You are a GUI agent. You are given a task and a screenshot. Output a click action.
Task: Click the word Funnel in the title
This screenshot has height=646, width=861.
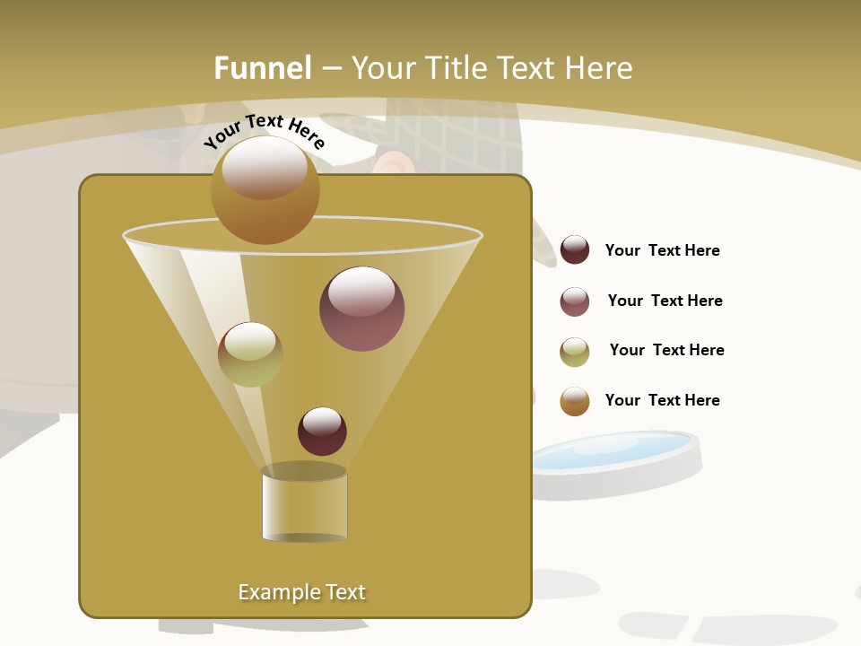262,68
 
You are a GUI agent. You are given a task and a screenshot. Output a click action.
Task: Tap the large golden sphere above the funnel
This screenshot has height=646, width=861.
265,189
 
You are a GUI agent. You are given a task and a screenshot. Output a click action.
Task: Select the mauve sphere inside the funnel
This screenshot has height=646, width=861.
361,309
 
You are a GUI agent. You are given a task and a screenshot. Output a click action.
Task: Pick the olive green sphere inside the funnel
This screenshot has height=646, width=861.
250,354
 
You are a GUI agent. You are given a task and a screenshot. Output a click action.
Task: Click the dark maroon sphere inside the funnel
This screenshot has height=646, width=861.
322,431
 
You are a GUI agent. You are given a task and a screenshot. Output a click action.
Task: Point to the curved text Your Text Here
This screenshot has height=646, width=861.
265,131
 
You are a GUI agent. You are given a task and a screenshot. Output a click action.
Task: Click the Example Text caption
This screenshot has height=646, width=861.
301,592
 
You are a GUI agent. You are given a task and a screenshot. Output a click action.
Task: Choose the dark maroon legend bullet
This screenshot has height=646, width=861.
575,250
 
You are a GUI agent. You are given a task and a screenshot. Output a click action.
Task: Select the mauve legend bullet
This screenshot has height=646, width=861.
575,301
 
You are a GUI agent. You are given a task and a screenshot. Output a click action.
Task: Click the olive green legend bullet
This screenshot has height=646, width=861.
575,352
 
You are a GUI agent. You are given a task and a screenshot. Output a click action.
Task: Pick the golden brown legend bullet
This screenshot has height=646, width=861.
575,401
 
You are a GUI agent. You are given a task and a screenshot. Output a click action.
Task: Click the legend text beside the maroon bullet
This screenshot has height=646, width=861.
662,251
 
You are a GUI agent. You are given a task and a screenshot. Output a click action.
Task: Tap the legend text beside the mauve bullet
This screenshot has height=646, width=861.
665,301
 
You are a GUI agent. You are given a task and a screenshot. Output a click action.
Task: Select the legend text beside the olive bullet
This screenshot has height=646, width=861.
666,351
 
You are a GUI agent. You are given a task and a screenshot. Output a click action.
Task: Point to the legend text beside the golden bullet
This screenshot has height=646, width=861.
662,401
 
